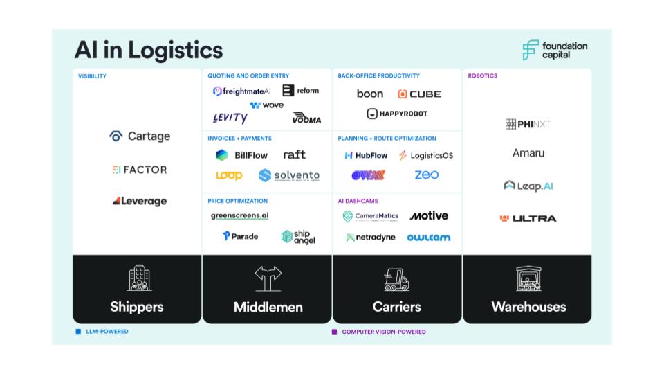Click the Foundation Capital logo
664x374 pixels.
554,50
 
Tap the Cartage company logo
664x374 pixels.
140,136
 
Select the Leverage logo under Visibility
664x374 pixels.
140,202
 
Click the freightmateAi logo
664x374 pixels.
241,91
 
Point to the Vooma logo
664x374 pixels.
306,118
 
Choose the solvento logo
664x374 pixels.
289,176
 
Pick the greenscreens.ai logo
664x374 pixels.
239,215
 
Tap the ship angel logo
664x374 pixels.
298,237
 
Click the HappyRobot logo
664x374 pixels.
397,114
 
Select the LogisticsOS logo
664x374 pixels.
426,156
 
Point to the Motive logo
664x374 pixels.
429,216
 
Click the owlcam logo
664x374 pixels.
428,238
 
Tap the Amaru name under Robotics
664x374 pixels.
528,153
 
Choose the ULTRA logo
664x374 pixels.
528,218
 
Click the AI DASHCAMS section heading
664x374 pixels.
358,201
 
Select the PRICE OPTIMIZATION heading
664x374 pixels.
237,201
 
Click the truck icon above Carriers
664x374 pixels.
397,279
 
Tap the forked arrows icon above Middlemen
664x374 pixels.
268,278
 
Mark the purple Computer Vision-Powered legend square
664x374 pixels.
335,332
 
